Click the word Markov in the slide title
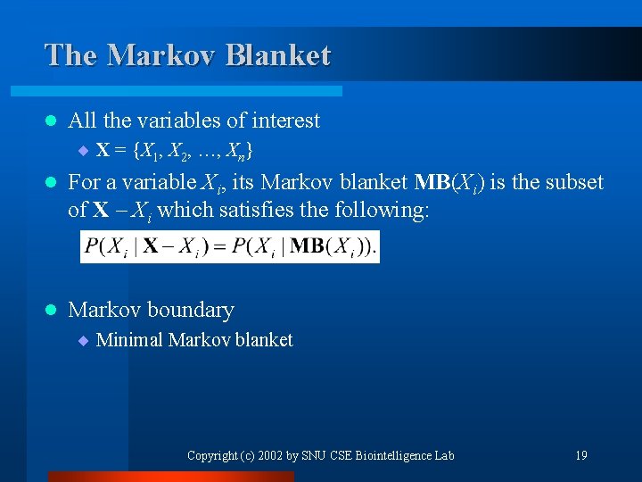point(163,55)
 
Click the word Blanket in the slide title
point(278,55)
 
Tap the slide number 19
point(580,455)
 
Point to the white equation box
point(230,246)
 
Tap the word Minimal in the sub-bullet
point(129,340)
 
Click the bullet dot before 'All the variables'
point(50,120)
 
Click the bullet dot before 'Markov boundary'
point(50,311)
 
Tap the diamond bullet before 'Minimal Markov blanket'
point(82,341)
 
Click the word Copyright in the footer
point(211,455)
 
